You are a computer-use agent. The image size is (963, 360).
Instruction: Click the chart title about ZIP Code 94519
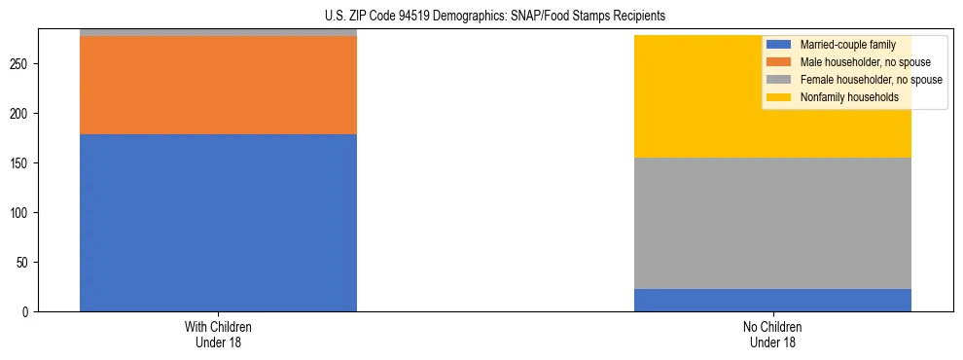[x=494, y=17]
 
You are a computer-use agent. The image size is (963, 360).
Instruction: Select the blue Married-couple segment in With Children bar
[x=218, y=223]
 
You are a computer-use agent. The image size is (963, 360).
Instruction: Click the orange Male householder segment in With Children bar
[x=218, y=86]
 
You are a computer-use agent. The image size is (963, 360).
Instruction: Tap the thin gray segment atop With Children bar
[x=218, y=32]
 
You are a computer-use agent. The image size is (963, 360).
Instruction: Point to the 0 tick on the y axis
[x=29, y=312]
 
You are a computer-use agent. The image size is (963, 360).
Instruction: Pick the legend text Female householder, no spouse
[x=871, y=80]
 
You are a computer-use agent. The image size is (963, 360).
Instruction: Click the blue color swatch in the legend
[x=779, y=45]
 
